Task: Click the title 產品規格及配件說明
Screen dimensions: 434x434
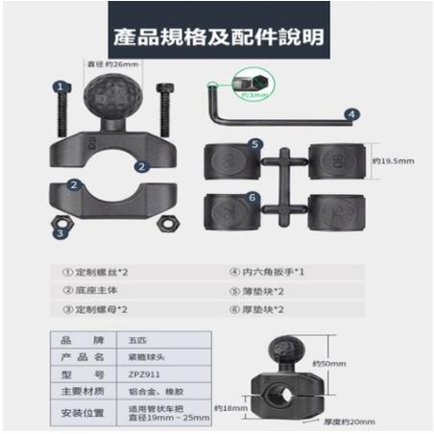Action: (216, 37)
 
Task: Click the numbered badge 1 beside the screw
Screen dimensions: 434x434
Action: (60, 85)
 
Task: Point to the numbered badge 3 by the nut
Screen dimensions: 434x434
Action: (60, 230)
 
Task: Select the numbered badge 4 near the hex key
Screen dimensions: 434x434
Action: (352, 114)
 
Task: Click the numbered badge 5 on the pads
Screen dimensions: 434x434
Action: (254, 144)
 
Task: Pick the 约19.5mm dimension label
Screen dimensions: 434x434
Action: (394, 160)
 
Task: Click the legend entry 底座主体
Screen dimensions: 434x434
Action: (93, 290)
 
